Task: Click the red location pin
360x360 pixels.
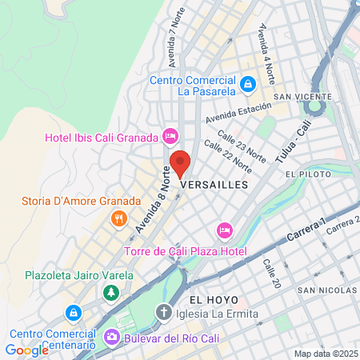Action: [181, 163]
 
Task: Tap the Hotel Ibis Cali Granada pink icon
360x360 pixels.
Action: [170, 137]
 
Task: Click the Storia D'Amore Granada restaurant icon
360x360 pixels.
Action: [118, 218]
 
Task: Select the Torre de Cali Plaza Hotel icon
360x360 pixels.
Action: [225, 231]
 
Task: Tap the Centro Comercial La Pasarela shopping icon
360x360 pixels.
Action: [248, 83]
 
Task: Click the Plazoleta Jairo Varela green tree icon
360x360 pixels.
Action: [110, 294]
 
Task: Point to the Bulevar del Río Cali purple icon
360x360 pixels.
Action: [110, 338]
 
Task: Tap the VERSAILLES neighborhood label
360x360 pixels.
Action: [215, 184]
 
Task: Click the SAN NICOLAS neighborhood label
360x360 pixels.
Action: [326, 290]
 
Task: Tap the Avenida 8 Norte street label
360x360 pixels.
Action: [152, 201]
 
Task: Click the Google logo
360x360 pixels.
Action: [26, 350]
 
